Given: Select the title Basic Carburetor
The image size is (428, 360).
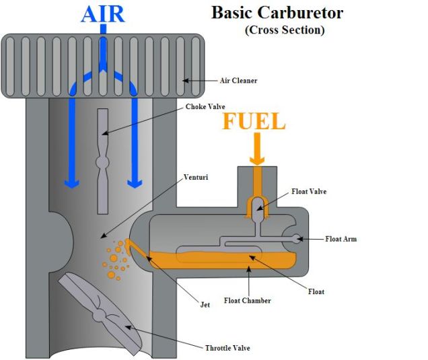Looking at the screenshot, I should (277, 13).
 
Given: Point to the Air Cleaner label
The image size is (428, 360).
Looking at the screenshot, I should (238, 81).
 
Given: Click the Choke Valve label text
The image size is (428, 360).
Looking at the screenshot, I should (205, 106).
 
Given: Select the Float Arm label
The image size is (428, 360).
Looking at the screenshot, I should (341, 238).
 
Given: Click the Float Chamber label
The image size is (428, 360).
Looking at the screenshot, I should (247, 300).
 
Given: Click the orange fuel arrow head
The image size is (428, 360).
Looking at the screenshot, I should (256, 159).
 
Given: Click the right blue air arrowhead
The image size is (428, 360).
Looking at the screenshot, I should (135, 182).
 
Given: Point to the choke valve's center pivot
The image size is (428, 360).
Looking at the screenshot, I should (102, 162).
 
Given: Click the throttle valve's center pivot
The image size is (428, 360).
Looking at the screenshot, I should (100, 314).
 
